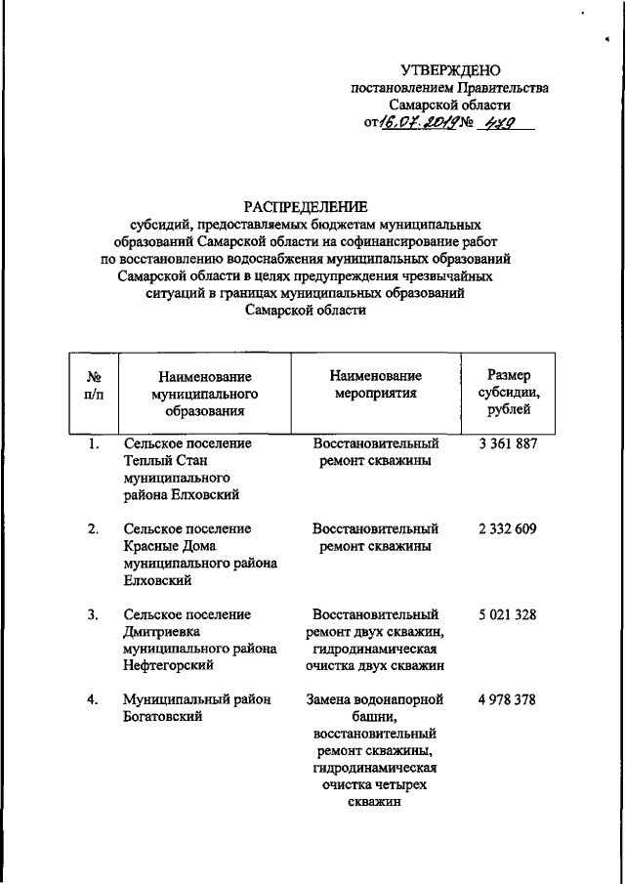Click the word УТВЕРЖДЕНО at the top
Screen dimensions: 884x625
tap(450, 69)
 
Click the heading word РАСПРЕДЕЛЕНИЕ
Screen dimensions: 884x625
tap(306, 206)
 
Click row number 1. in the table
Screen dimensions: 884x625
tap(92, 443)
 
